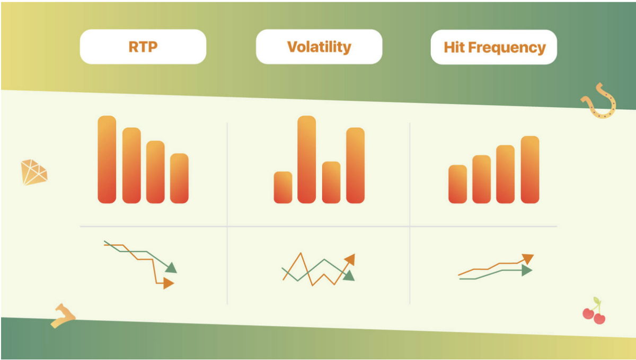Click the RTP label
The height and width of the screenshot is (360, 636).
coord(143,47)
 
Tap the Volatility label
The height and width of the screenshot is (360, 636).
coord(319,47)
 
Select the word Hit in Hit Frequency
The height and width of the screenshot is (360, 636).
coord(454,47)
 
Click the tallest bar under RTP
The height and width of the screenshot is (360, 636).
coord(107,160)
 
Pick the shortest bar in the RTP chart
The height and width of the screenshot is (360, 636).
coord(179,178)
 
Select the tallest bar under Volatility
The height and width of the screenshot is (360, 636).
coord(307,160)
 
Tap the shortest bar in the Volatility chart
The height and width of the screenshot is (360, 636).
coord(283,187)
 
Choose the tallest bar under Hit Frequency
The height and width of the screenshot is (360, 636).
coord(530,170)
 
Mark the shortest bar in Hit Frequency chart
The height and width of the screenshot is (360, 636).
coord(458,184)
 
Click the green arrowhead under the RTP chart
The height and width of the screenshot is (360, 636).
coord(172,268)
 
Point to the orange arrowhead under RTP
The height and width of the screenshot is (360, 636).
coord(169,283)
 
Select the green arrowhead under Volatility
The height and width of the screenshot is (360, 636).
coord(349,276)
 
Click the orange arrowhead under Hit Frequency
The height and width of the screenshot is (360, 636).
coord(528,259)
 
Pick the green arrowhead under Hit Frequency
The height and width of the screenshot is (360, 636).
coord(527,270)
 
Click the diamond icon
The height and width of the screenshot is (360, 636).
coord(34,172)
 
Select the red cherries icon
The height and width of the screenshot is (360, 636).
coord(594,311)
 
